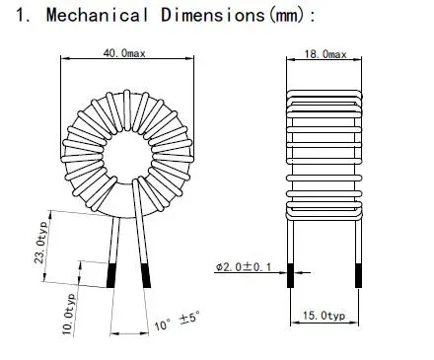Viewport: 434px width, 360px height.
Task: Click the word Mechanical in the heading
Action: [94, 17]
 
